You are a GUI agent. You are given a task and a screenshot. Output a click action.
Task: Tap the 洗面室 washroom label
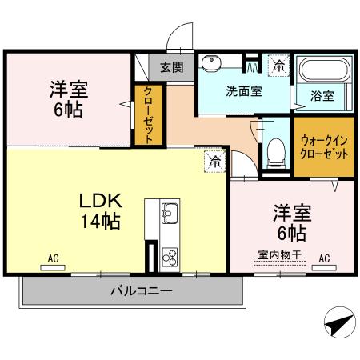pyautogui.click(x=243, y=91)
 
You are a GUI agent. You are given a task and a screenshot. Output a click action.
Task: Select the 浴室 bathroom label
pyautogui.click(x=322, y=95)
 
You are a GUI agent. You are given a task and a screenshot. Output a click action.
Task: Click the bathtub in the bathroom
pyautogui.click(x=322, y=72)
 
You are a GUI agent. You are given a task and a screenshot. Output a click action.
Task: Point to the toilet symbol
pyautogui.click(x=276, y=151)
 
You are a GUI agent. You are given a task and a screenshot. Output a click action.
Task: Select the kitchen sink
pyautogui.click(x=170, y=214)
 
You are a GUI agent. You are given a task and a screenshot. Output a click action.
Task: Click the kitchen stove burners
pyautogui.click(x=170, y=256)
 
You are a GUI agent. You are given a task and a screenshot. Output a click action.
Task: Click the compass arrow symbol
pyautogui.click(x=338, y=324)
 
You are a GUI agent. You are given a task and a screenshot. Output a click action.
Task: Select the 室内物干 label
pyautogui.click(x=279, y=255)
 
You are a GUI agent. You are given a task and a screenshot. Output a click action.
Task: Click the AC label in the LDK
pyautogui.click(x=53, y=258)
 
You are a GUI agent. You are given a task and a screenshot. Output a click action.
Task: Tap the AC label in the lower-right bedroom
pyautogui.click(x=324, y=258)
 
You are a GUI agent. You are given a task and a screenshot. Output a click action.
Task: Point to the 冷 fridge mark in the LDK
pyautogui.click(x=214, y=161)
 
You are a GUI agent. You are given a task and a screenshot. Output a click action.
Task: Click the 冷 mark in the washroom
pyautogui.click(x=278, y=65)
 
